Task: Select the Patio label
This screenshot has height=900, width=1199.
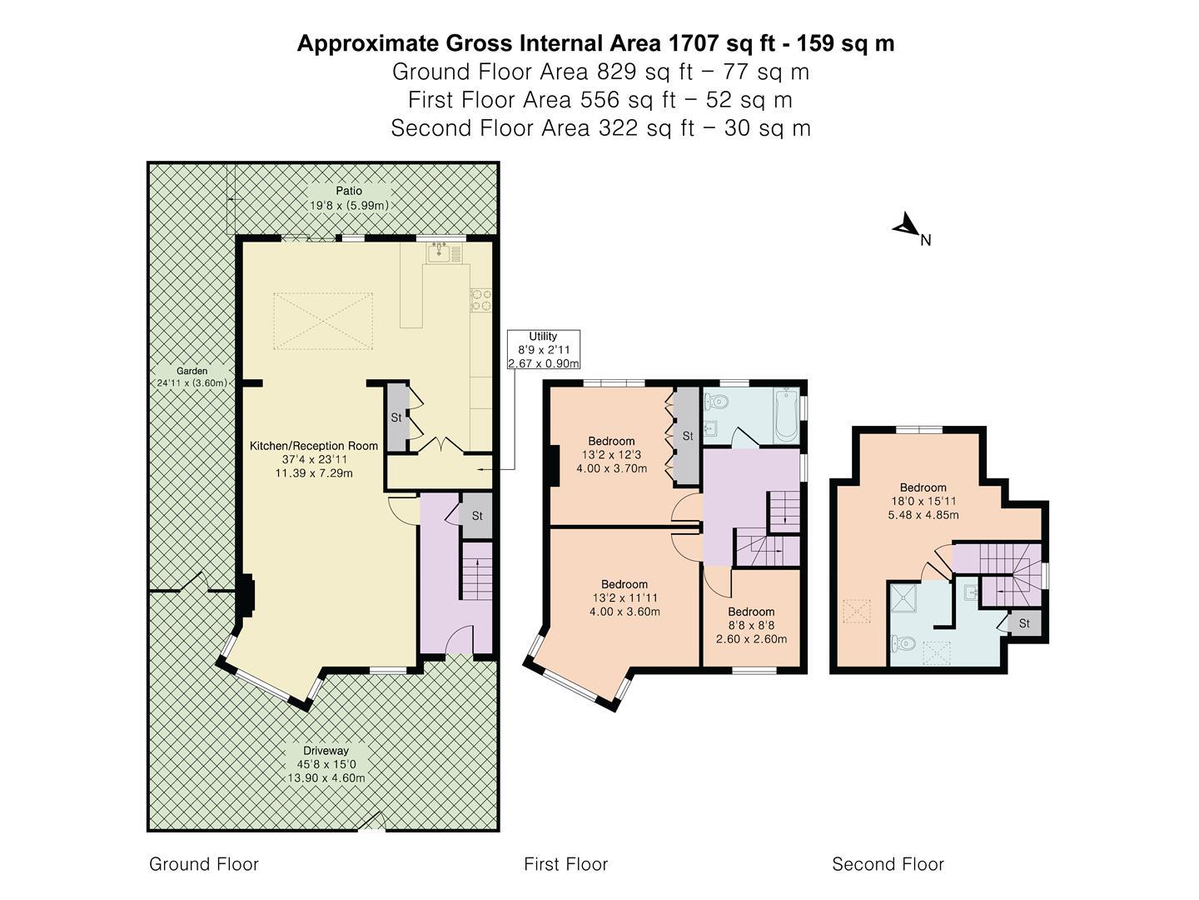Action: (x=349, y=198)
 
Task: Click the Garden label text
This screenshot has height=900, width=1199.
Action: (x=192, y=377)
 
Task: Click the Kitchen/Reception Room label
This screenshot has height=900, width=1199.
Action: (x=314, y=459)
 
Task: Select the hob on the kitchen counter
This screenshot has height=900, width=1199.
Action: (x=481, y=300)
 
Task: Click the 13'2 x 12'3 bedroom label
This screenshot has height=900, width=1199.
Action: (x=611, y=455)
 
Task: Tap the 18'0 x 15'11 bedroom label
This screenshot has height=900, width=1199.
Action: (x=923, y=501)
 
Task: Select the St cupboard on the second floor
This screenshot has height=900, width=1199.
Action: (x=1024, y=623)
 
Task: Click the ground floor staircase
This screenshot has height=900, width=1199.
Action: (x=477, y=570)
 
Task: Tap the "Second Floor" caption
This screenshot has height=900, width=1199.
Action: (x=888, y=864)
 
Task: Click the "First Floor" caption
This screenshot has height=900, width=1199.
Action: (x=565, y=864)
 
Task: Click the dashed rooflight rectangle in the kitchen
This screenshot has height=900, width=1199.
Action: (x=322, y=320)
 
